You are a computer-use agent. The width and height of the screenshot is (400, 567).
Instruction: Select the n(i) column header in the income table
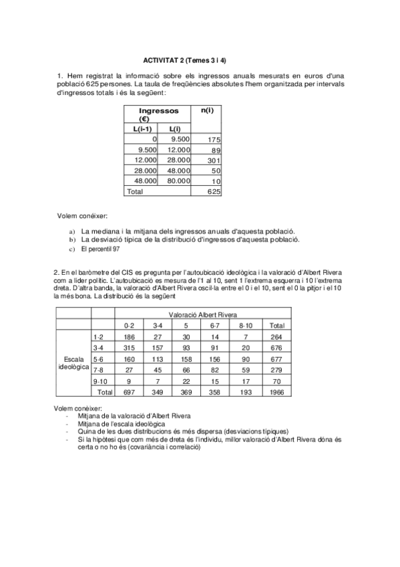tap(208, 110)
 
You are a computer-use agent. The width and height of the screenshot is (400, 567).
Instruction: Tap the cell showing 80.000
tap(178, 181)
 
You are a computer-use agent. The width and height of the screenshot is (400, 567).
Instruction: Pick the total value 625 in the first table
tap(213, 191)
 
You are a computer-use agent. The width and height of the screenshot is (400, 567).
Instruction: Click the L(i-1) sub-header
tap(141, 128)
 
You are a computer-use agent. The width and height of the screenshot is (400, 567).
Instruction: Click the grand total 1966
tap(276, 393)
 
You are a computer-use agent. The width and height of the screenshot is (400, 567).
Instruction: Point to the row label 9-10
tap(99, 381)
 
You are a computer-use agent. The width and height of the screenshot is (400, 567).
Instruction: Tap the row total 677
tap(276, 359)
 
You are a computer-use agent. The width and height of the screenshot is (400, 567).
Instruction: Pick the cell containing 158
tap(187, 359)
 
